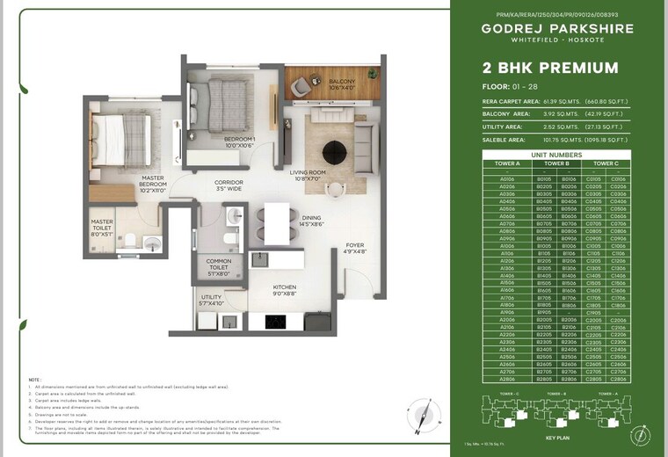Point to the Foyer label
[354, 249]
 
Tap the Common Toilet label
[218, 267]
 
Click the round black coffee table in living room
[334, 151]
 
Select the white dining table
[277, 222]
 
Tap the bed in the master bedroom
[123, 141]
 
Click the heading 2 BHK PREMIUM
[538, 68]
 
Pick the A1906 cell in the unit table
[507, 311]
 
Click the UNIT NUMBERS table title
[556, 154]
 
